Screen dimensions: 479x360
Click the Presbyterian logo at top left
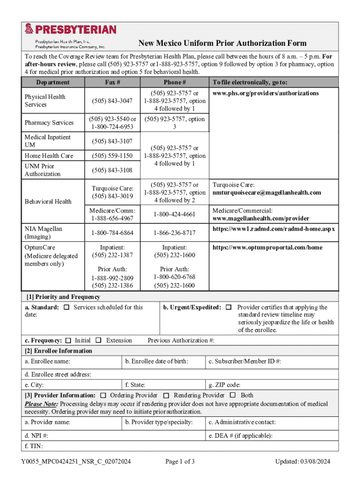(70, 30)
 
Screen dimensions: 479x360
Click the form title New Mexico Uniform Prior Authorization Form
(222, 44)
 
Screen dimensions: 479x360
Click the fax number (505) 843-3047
(112, 101)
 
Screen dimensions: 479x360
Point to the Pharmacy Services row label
(49, 123)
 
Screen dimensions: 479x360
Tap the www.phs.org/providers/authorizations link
(266, 93)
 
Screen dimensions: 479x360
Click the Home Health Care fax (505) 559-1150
(112, 156)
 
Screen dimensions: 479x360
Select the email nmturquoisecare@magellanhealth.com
(266, 193)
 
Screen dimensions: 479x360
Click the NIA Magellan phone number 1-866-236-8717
(174, 232)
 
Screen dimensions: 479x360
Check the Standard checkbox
(66, 307)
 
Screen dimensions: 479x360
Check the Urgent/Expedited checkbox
(229, 307)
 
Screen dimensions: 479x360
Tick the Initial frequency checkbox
(68, 341)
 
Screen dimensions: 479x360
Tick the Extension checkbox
(99, 341)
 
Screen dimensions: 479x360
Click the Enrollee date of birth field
(164, 362)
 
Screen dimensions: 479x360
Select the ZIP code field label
(224, 385)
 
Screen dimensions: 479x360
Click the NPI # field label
(36, 435)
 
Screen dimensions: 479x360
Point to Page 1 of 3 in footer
(180, 462)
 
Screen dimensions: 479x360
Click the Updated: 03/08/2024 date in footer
(302, 462)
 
